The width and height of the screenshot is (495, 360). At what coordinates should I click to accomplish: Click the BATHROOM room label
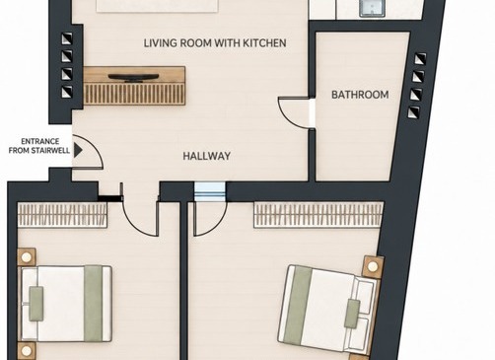360,95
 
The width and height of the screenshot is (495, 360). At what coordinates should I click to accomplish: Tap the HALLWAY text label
206,156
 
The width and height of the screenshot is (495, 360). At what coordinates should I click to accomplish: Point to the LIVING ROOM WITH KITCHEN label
215,43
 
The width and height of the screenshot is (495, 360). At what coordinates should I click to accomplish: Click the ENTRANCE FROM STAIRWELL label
39,146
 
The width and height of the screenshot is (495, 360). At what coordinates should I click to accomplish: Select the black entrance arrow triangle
78,150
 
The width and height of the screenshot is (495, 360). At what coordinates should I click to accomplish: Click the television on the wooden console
133,78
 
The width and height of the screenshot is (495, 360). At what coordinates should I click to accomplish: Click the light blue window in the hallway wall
210,191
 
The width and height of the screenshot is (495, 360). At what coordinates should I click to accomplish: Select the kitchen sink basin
372,7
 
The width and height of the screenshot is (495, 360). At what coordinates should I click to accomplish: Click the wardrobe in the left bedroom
62,214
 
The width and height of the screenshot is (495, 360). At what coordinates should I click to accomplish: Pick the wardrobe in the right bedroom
318,214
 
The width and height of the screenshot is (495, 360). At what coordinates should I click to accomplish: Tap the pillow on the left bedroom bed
36,304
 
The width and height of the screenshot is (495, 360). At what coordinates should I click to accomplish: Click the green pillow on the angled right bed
352,314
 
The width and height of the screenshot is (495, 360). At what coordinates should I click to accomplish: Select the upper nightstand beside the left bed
27,256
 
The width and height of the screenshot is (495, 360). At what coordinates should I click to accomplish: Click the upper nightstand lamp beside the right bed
373,266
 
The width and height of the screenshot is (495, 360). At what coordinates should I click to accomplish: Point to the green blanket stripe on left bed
93,304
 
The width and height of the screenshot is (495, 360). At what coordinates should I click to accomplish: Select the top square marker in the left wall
67,38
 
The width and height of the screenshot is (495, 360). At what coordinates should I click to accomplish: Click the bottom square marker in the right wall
414,112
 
